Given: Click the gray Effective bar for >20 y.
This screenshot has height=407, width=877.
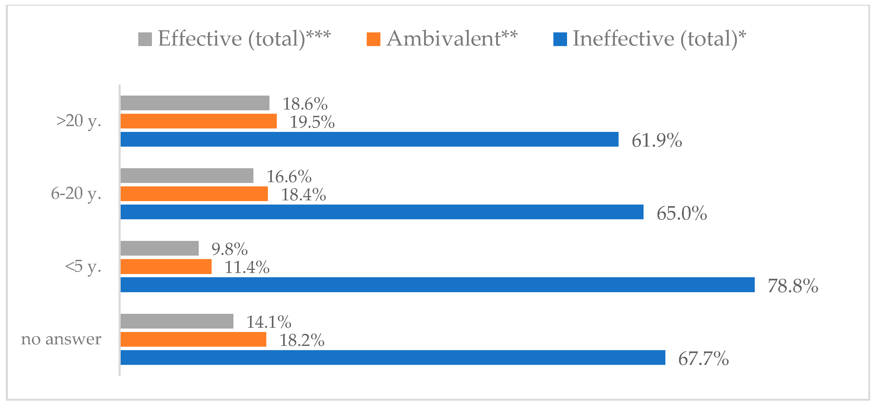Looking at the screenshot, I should [195, 103].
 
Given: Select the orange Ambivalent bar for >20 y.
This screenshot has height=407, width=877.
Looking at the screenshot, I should [198, 121].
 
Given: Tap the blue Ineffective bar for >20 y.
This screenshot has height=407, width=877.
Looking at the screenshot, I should [369, 139].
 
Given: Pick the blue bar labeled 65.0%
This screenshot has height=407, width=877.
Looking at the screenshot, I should [382, 212].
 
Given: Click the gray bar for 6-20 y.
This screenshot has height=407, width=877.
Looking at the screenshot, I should [187, 176].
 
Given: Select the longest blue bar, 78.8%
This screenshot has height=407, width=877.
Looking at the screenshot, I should [437, 284].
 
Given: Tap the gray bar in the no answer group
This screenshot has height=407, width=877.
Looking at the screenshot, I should [177, 321].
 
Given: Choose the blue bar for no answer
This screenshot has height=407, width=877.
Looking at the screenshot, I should [392, 357].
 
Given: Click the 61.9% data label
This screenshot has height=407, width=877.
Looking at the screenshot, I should [656, 140].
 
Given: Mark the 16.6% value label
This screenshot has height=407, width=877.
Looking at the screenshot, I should [289, 176].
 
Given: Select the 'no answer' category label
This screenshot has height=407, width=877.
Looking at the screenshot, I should [61, 339].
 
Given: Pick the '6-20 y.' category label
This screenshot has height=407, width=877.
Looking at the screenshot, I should [76, 193].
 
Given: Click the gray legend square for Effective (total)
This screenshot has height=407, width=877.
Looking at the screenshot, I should [145, 39].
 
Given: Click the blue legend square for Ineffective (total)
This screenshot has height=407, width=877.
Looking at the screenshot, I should [560, 39].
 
